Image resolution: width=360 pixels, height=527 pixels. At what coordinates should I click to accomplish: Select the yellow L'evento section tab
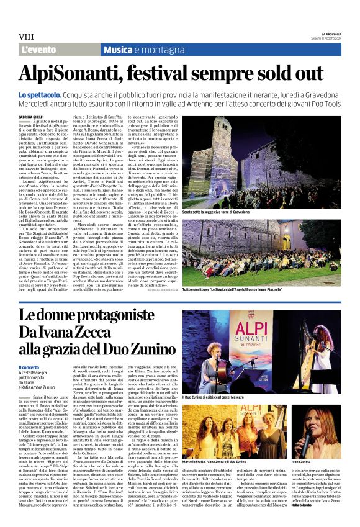39,50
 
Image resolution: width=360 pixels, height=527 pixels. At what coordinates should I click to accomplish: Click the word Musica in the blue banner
121,50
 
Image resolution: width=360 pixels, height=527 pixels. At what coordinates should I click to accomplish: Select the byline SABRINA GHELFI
30,116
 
